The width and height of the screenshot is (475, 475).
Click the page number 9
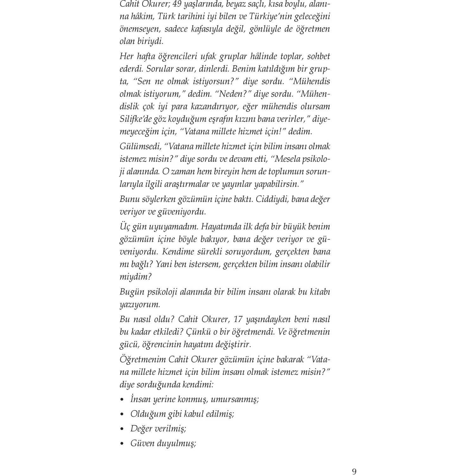point(354,472)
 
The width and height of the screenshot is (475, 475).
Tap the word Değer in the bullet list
point(141,429)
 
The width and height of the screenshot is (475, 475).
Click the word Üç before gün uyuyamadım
point(125,227)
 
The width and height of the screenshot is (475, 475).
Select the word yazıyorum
point(140,305)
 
